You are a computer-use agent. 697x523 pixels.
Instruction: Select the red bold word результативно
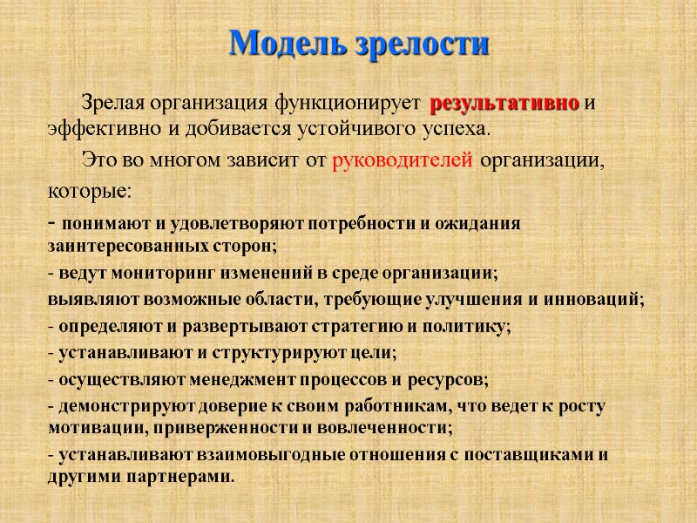tap(504, 103)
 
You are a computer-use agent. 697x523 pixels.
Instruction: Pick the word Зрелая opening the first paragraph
tap(112, 103)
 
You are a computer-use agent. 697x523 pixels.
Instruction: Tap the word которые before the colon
tap(85, 189)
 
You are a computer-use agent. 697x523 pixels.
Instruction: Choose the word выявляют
tap(81, 301)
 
